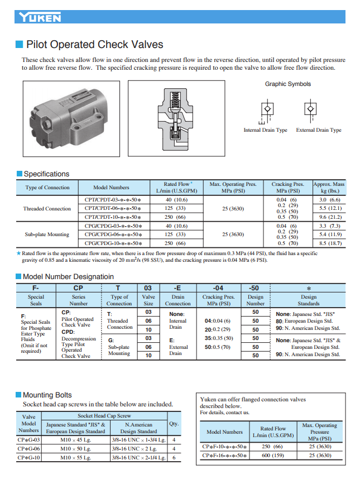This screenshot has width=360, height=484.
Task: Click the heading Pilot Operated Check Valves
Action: click(95, 45)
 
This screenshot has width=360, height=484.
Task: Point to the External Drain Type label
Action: click(319, 130)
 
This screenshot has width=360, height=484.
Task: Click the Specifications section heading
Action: click(46, 174)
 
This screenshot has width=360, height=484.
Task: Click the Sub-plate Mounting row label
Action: click(47, 234)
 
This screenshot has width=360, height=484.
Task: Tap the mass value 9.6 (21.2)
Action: click(330, 217)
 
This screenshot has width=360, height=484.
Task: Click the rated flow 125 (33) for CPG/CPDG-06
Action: click(176, 234)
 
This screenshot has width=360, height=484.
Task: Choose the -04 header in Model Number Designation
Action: click(217, 287)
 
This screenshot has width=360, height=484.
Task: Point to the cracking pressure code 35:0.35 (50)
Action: click(218, 338)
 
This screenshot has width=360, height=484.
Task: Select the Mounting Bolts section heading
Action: click(47, 395)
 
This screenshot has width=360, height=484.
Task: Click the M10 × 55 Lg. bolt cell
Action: click(75, 458)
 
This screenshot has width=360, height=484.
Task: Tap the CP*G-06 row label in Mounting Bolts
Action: click(28, 448)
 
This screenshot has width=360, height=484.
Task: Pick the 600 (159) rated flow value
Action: click(273, 456)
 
